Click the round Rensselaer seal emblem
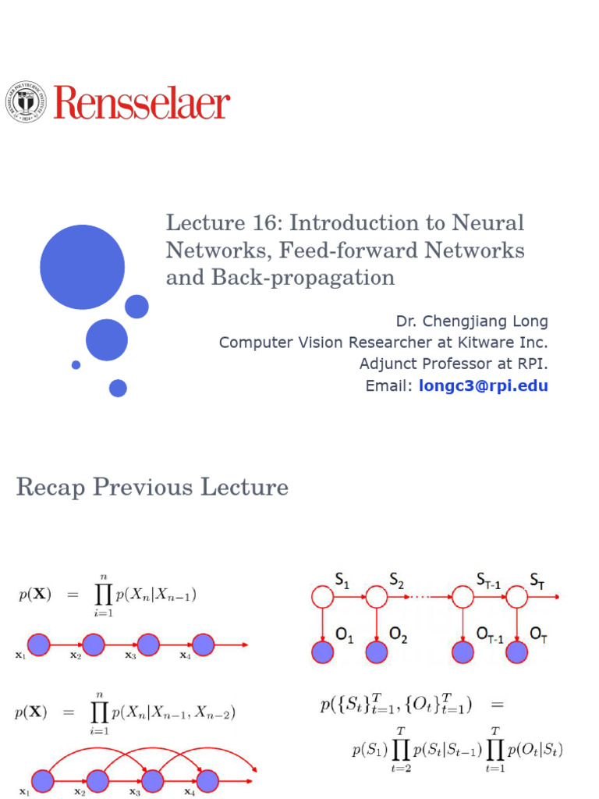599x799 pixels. point(27,102)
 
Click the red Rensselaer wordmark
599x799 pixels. point(142,103)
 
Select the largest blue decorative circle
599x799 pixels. point(82,267)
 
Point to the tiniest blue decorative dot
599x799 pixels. point(76,364)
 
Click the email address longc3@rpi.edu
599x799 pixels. point(484,385)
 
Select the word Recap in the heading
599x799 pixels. point(51,488)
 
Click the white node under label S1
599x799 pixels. point(322,598)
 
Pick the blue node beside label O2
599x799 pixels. point(377,652)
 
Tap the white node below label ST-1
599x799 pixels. point(463,598)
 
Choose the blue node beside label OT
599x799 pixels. point(516,652)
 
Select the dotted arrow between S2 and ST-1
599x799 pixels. point(419,598)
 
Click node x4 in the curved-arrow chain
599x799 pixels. point(207,780)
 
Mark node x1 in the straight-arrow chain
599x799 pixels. point(39,645)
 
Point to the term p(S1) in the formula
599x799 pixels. point(368,751)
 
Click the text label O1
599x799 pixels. point(345,638)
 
